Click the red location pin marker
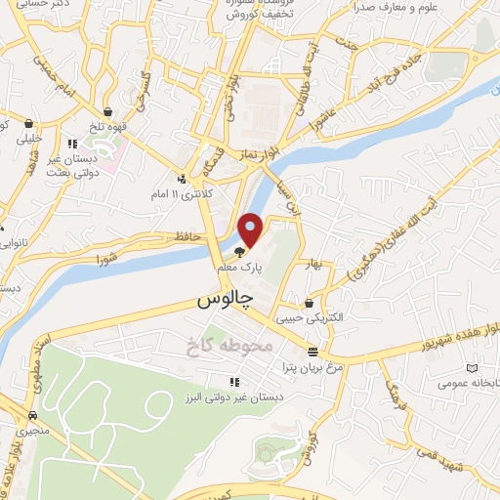pos(251,229)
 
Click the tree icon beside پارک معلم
pos(240,251)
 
